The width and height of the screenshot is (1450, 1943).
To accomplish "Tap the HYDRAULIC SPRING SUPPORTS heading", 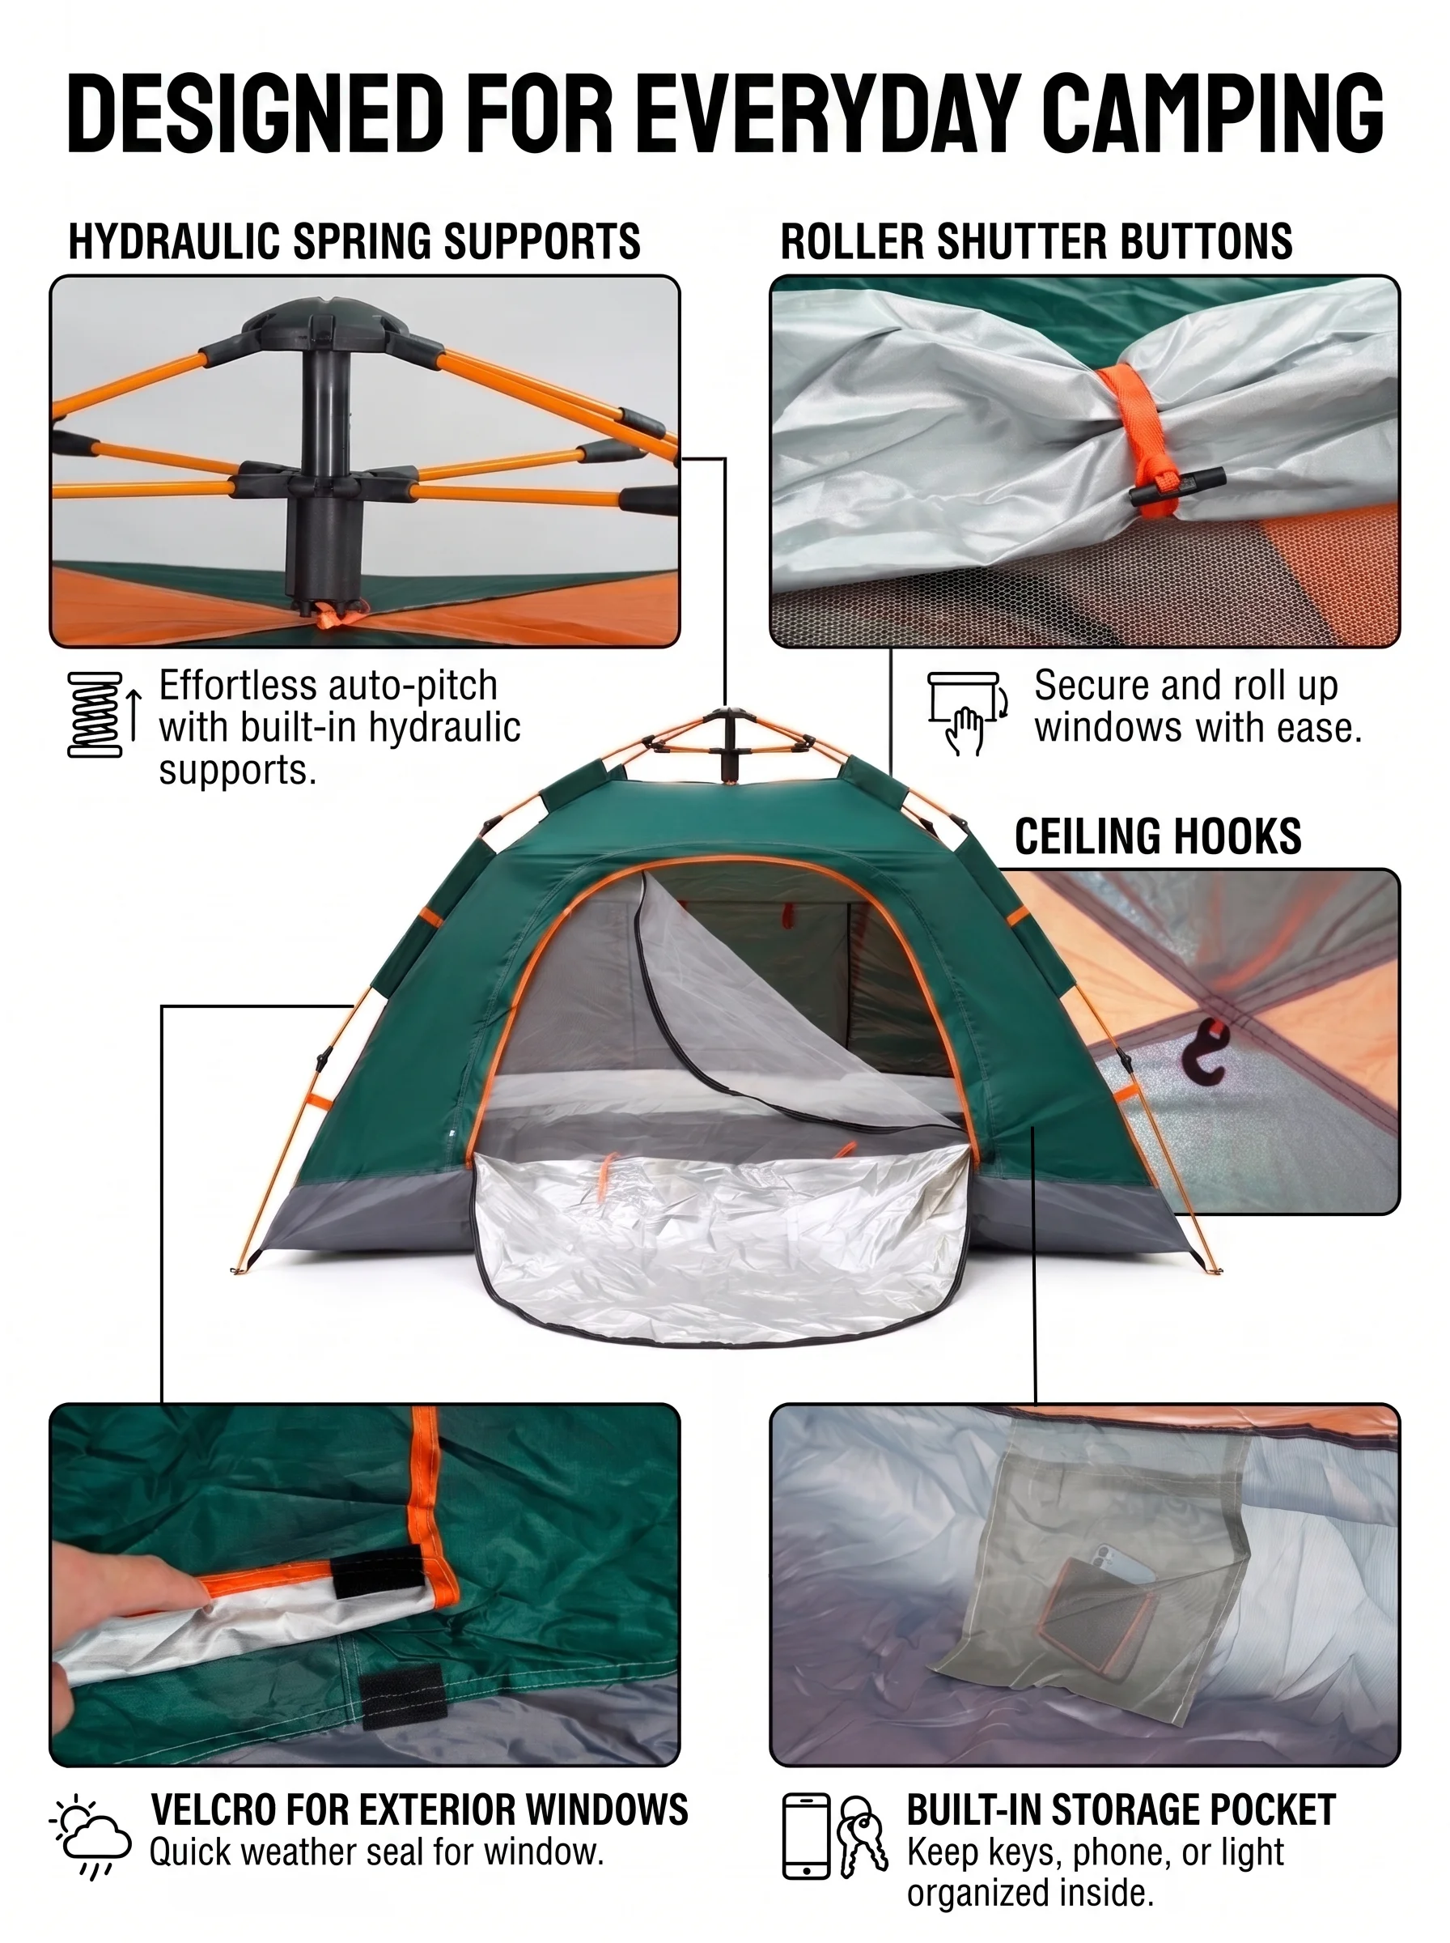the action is coord(354,241).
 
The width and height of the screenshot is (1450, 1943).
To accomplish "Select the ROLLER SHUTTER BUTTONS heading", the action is coord(1037,241).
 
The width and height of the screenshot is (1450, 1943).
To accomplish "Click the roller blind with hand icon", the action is coord(967,713).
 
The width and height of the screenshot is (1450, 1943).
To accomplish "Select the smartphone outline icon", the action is coord(806,1836).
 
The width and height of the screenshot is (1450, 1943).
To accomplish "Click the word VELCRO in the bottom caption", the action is coord(210,1810).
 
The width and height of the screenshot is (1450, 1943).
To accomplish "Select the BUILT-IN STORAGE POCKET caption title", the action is coord(1121,1810).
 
